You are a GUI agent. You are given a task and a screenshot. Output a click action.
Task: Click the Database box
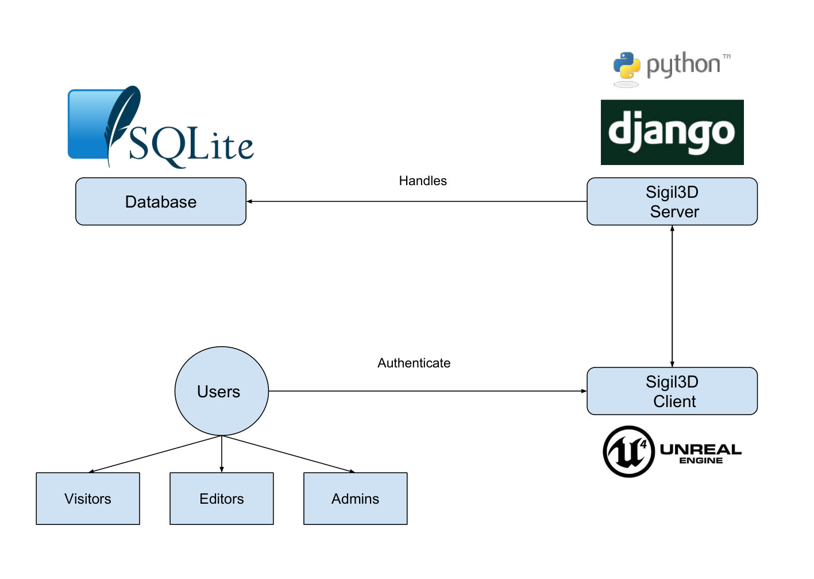tap(161, 201)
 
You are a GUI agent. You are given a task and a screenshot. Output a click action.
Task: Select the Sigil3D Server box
tap(672, 201)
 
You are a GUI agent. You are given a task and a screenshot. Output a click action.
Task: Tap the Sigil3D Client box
tap(672, 391)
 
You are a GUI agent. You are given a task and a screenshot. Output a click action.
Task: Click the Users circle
tap(221, 391)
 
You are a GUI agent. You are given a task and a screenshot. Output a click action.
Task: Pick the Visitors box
tap(88, 499)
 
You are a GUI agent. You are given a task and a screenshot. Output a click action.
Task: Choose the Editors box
tap(222, 499)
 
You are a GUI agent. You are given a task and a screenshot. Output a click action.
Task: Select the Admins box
tap(356, 499)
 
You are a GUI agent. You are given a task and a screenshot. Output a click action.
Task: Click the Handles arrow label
tap(423, 181)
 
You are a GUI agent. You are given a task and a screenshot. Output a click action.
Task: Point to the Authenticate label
tap(414, 363)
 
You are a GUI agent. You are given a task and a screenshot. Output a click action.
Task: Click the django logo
tap(672, 132)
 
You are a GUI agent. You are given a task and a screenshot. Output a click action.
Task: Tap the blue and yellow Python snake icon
tap(627, 66)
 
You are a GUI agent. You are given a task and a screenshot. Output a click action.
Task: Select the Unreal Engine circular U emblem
tap(628, 451)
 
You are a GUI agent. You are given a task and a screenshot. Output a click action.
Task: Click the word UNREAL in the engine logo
tap(701, 450)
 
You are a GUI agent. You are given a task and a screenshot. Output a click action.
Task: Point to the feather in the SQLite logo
tap(122, 125)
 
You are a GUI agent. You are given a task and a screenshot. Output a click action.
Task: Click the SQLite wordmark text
tap(191, 145)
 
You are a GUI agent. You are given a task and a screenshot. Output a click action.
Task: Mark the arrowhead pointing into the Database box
tap(249, 201)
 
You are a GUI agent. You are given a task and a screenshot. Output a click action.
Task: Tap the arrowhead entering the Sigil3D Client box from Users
tap(584, 391)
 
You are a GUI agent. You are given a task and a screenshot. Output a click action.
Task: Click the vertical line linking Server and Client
tap(672, 297)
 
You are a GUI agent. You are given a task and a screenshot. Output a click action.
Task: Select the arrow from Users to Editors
tap(222, 454)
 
